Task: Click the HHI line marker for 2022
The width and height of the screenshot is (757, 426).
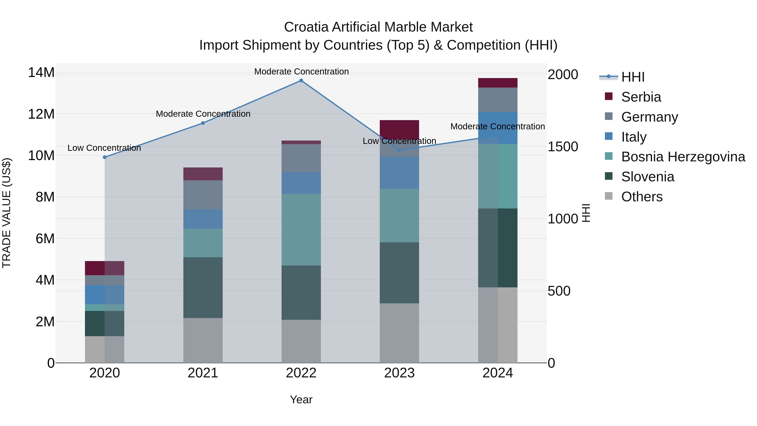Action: pos(301,80)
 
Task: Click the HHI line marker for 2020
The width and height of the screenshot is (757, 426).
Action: pos(105,157)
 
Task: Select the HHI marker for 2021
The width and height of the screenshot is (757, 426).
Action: pos(203,123)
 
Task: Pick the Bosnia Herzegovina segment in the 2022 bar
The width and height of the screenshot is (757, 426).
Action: pos(301,229)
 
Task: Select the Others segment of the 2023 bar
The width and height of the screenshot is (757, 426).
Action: pos(399,333)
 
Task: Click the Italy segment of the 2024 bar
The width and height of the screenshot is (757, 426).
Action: pos(498,128)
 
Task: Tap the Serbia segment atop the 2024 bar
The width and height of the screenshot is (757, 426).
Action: pos(498,83)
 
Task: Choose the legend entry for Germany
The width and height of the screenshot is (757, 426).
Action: pos(650,117)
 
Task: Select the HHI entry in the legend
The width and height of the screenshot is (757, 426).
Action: pos(633,77)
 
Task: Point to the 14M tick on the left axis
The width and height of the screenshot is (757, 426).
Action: pos(41,73)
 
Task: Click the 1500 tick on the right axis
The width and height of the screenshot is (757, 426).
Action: pos(563,147)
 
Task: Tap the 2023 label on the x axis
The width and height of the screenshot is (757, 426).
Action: pos(399,373)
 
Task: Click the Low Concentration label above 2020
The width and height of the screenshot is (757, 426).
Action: pos(104,148)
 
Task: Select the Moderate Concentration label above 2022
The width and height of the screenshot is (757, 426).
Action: pos(301,72)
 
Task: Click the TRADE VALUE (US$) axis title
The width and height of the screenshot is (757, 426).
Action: pos(7,213)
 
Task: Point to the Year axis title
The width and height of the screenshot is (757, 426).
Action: pos(301,399)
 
